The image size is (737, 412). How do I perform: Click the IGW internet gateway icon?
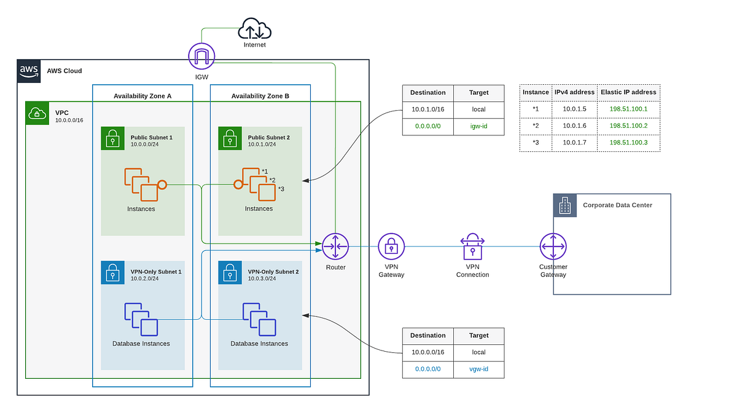(202, 56)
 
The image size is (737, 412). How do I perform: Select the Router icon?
(335, 247)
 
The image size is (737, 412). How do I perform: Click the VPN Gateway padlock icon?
(391, 247)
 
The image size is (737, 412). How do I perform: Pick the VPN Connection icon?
(472, 247)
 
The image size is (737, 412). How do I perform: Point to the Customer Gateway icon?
(553, 247)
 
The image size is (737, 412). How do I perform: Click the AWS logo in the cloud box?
(29, 71)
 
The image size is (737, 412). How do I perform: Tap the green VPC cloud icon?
(37, 114)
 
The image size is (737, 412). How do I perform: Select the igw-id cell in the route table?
(478, 127)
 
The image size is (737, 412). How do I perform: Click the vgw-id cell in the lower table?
(478, 370)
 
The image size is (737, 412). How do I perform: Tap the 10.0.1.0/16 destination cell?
(427, 109)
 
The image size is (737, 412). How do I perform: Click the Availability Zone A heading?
(142, 96)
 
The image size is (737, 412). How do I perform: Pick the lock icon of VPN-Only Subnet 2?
(230, 272)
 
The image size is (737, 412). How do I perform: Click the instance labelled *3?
(267, 192)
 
